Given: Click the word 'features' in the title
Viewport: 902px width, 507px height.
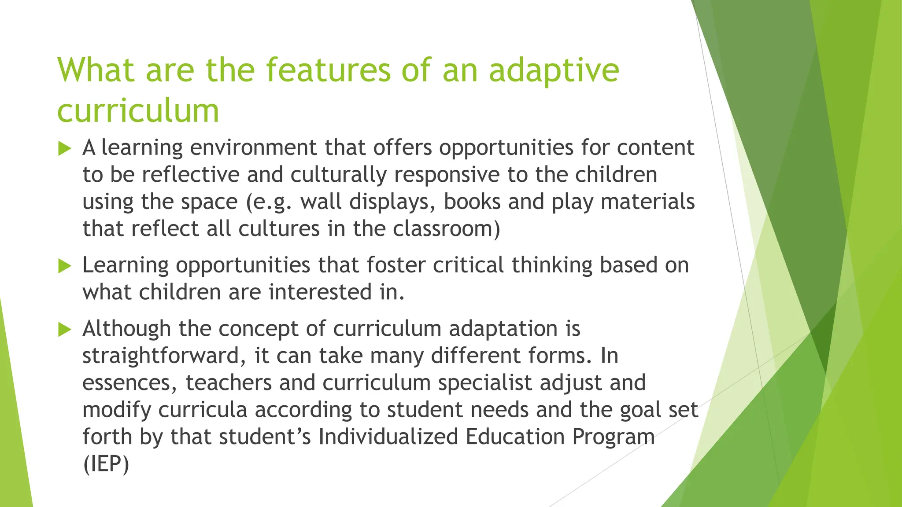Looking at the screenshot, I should pos(328,70).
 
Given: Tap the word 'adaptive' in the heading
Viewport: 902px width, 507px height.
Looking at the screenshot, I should pos(554,70).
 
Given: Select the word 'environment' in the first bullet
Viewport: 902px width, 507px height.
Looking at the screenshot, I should pos(253,147).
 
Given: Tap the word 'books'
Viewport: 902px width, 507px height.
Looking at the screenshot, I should pos(472,202).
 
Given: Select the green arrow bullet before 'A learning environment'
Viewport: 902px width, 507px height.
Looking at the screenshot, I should pos(64,149).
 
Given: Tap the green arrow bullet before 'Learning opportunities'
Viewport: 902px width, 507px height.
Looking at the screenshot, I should pos(64,266).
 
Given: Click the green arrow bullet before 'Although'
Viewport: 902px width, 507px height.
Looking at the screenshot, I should pos(64,330).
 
